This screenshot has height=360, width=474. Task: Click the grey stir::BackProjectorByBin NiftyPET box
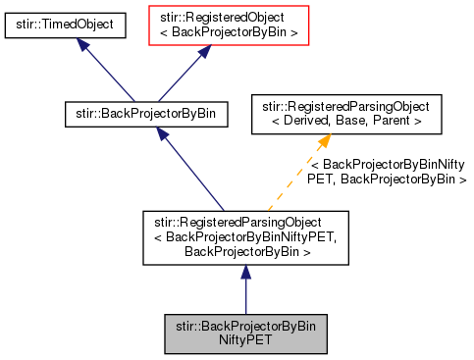245,334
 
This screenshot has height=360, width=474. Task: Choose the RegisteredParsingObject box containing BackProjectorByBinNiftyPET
245,236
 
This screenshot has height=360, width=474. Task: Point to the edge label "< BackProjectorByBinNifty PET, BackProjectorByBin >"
387,173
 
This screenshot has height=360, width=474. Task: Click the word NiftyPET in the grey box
245,342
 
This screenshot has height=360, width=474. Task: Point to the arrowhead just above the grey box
245,275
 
